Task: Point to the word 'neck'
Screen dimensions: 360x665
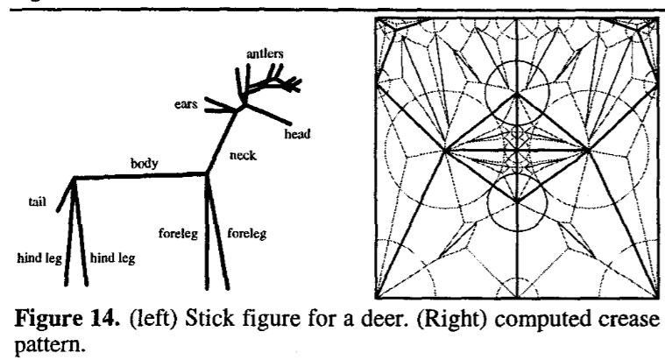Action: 243,156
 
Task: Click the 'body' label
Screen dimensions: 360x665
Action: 144,164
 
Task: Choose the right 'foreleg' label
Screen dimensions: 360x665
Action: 247,234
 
